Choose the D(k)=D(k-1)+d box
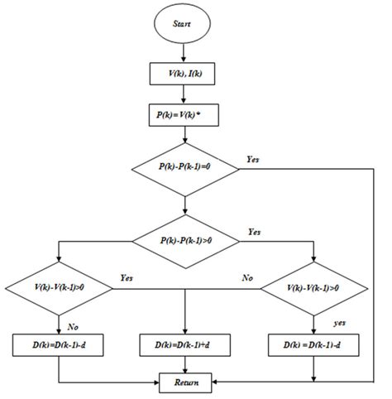pyautogui.click(x=186, y=343)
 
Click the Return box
pyautogui.click(x=186, y=382)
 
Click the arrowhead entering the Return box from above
pyautogui.click(x=186, y=369)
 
